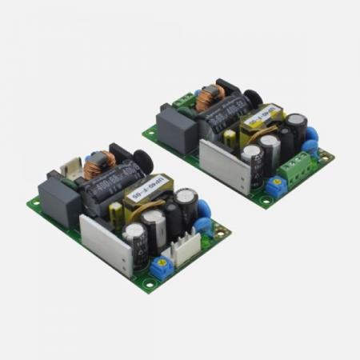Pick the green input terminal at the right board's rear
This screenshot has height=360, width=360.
(186, 99)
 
